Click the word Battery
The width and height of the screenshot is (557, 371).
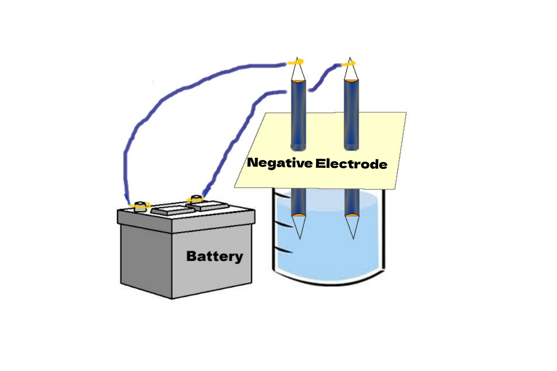(214, 256)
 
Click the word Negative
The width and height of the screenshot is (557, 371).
(279, 163)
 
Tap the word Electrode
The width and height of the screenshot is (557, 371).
(351, 164)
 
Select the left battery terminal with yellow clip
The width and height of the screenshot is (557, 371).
(139, 205)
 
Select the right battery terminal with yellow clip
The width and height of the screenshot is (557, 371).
(195, 199)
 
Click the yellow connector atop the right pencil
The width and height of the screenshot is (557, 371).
(349, 63)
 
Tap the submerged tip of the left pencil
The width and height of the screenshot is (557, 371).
(299, 237)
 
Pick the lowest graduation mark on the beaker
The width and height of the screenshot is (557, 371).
(284, 252)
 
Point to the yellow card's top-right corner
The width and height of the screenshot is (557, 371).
(406, 113)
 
